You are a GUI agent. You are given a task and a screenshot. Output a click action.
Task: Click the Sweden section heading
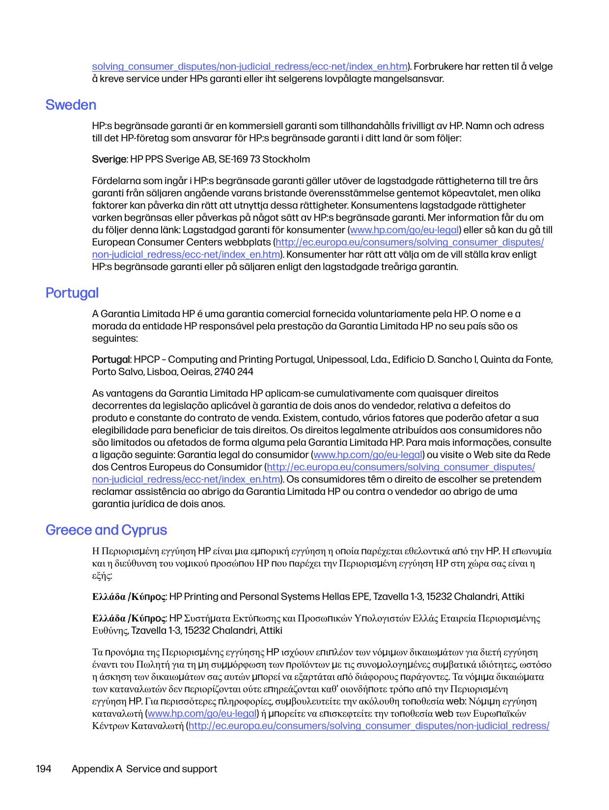tap(71, 105)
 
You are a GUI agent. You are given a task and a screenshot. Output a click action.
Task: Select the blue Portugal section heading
tap(72, 293)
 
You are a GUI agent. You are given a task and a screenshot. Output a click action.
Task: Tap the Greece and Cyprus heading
tap(106, 530)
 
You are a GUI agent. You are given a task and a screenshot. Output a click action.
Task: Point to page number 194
tap(44, 769)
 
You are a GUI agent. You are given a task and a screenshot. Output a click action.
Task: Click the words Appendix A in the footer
tap(97, 769)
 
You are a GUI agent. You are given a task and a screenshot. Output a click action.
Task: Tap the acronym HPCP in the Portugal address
tap(147, 360)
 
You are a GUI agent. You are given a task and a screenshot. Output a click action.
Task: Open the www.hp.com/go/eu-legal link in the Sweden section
tap(404, 230)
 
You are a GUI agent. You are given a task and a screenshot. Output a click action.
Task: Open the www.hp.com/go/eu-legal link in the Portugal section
tap(368, 455)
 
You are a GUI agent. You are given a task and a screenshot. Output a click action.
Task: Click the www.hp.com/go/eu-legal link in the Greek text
tap(202, 714)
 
